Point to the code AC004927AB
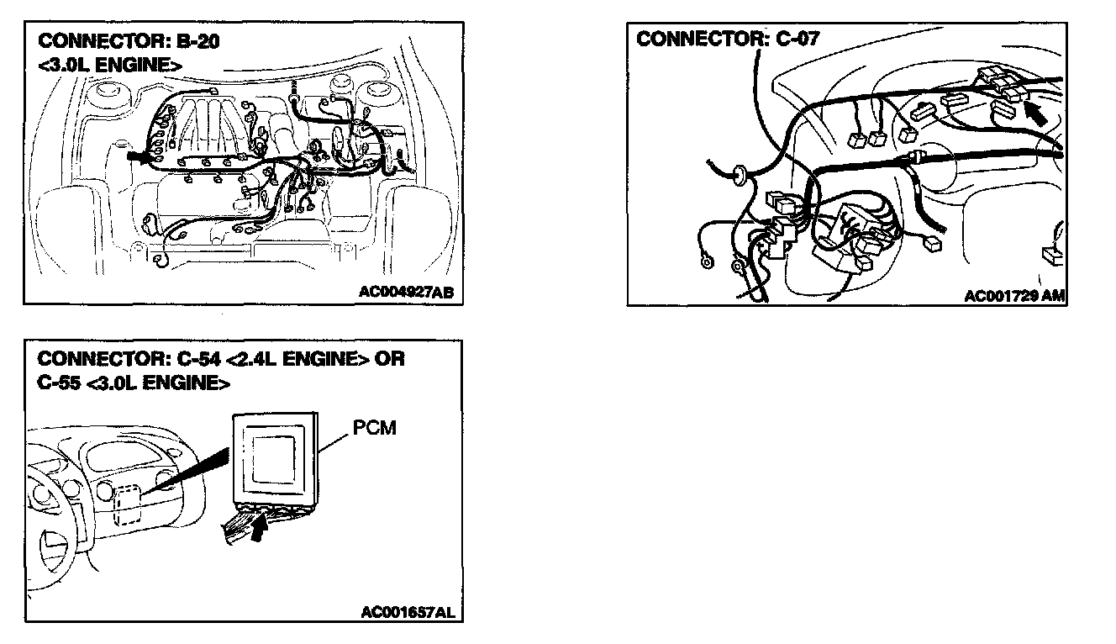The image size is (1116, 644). point(407,293)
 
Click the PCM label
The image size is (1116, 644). point(376,429)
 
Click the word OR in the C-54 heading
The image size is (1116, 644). point(389,359)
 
